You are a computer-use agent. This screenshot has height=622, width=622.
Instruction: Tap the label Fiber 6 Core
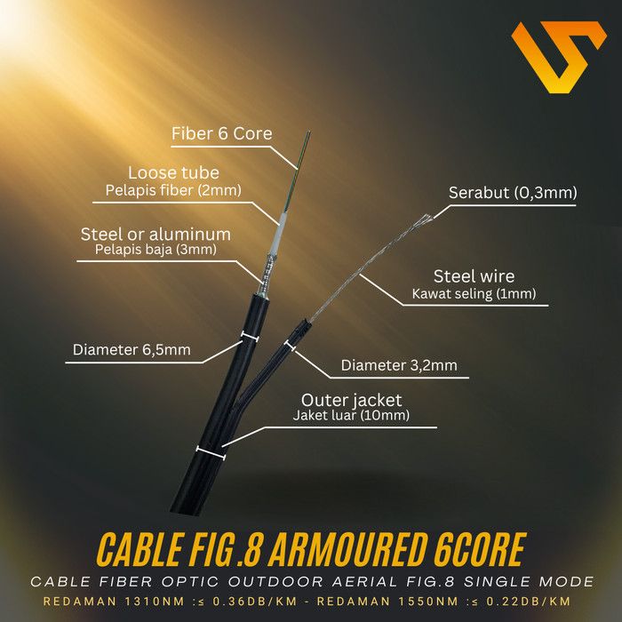click(x=221, y=134)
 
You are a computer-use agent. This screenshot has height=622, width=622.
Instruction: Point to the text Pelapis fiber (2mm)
click(x=173, y=190)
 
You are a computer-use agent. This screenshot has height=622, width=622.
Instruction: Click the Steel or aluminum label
click(x=155, y=235)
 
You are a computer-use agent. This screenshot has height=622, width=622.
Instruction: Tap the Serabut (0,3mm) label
click(x=513, y=193)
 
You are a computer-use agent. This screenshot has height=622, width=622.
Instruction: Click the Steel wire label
click(x=474, y=276)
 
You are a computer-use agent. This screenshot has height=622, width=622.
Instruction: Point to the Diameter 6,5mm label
click(x=132, y=349)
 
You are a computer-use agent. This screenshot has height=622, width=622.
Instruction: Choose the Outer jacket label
click(x=351, y=400)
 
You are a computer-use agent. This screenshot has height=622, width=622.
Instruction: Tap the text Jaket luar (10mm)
click(x=351, y=416)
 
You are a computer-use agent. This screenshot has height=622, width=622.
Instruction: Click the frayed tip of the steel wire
click(x=427, y=216)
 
